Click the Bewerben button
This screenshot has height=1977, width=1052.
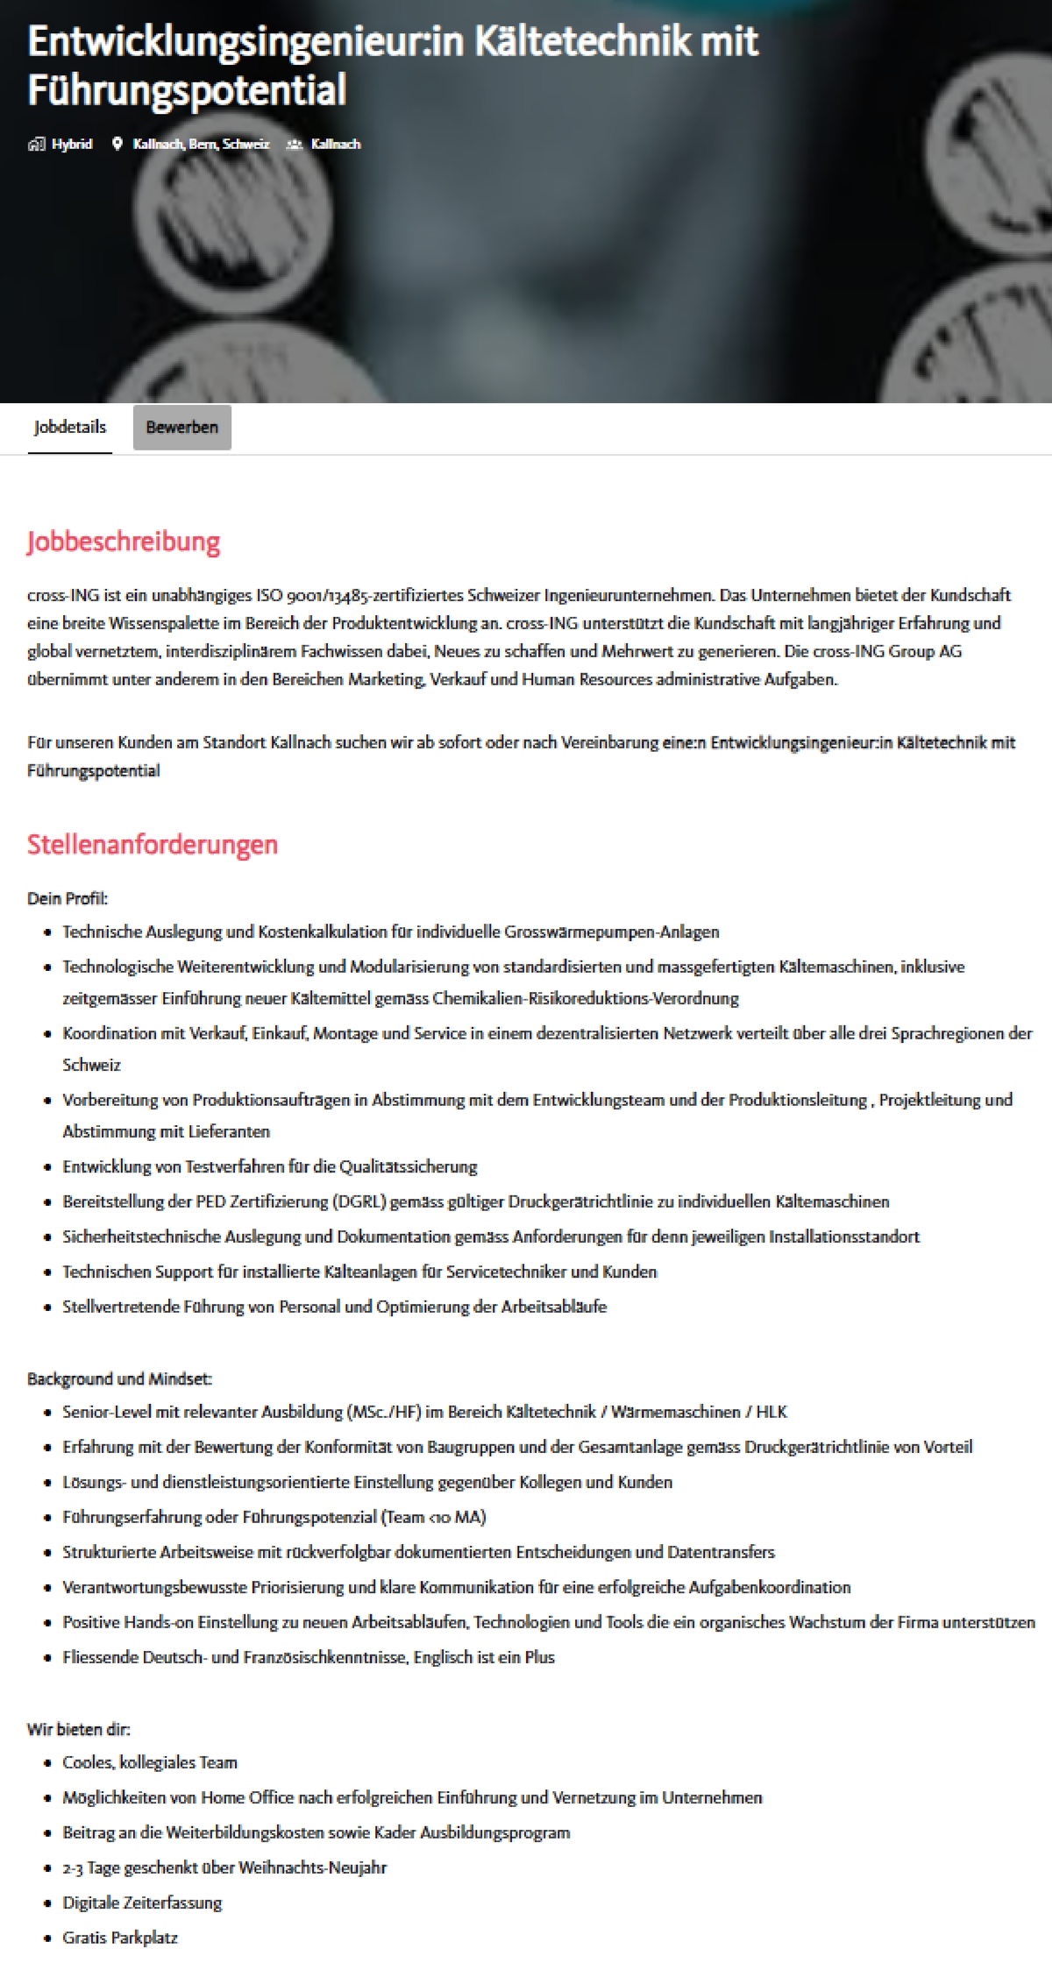pyautogui.click(x=181, y=428)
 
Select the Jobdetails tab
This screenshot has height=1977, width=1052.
pyautogui.click(x=70, y=428)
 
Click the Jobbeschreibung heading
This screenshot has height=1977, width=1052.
pyautogui.click(x=124, y=542)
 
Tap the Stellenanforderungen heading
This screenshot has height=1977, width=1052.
pyautogui.click(x=153, y=845)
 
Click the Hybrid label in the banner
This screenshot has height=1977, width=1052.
pyautogui.click(x=71, y=145)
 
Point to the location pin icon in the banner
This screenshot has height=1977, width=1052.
pyautogui.click(x=117, y=145)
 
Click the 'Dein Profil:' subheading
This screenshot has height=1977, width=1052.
pyautogui.click(x=68, y=898)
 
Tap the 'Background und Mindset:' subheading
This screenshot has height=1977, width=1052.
pyautogui.click(x=119, y=1378)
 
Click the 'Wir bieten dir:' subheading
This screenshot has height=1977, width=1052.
pyautogui.click(x=79, y=1729)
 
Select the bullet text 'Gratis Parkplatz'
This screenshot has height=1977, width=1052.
pyautogui.click(x=120, y=1938)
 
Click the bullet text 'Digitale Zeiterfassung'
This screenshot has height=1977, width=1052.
pyautogui.click(x=142, y=1903)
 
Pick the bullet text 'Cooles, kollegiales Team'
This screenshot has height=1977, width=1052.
pyautogui.click(x=150, y=1762)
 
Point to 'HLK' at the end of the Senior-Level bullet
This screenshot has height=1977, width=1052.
pyautogui.click(x=771, y=1412)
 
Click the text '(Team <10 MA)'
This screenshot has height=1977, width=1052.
pyautogui.click(x=434, y=1517)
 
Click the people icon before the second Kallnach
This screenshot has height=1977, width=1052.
pyautogui.click(x=295, y=145)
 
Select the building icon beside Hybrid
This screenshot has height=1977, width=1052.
pyautogui.click(x=36, y=145)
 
